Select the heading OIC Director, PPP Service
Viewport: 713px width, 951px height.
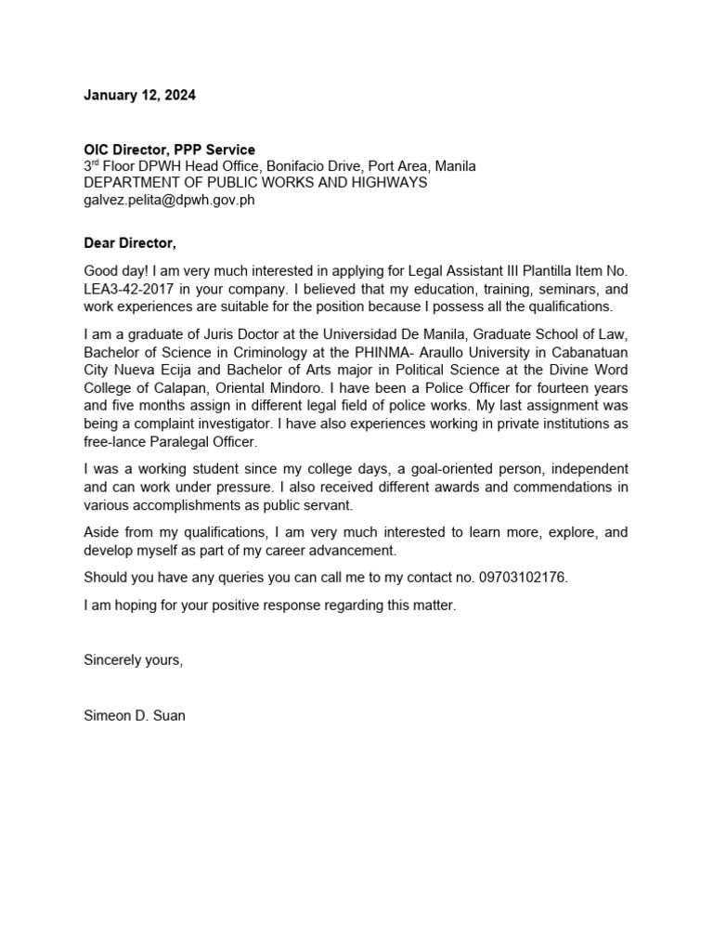click(169, 150)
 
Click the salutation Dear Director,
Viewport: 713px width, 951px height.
click(129, 243)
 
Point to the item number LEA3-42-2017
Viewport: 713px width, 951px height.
click(127, 289)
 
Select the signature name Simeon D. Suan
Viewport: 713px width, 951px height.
click(135, 716)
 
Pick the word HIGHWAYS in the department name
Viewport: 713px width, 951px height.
click(389, 183)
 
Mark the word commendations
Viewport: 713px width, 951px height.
click(551, 487)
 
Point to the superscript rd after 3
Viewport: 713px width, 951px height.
click(96, 163)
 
